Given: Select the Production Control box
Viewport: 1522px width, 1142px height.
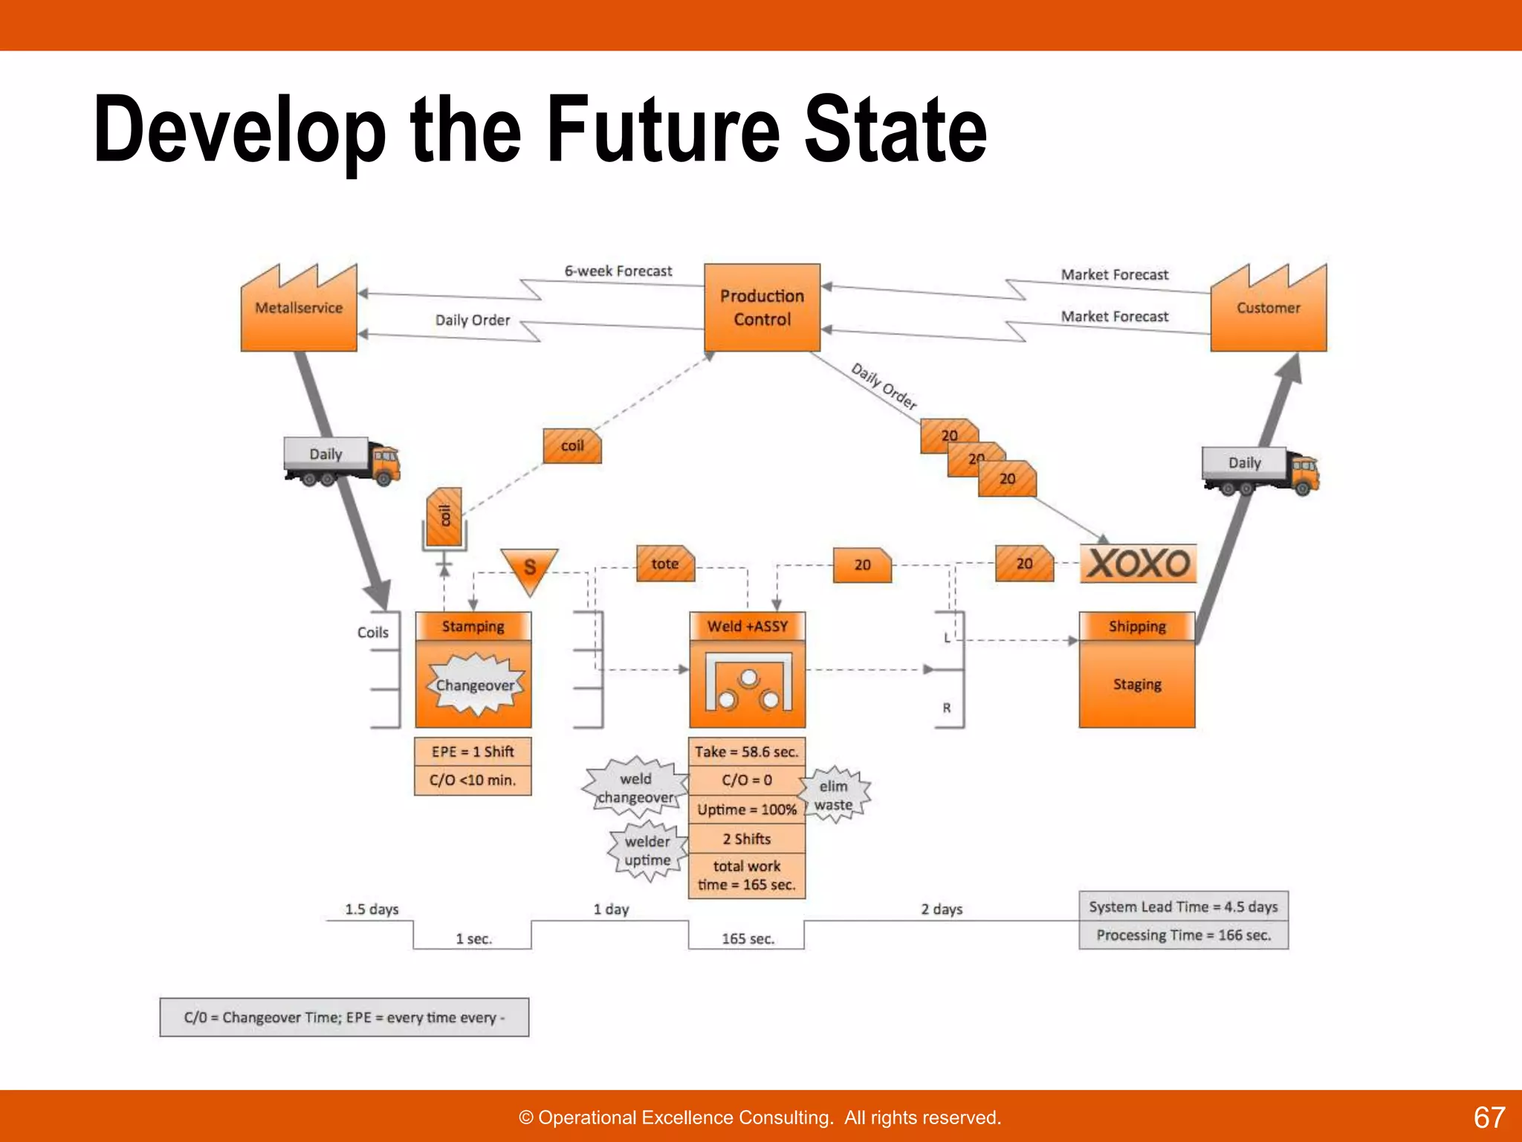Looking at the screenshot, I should (x=762, y=308).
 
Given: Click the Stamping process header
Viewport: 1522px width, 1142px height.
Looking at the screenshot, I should (x=473, y=627).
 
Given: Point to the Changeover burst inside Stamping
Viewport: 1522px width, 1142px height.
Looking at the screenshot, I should (x=474, y=684).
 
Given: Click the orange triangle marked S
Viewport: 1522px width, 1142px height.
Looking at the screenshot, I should (x=529, y=568).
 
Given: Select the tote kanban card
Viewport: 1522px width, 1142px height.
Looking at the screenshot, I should (x=665, y=564).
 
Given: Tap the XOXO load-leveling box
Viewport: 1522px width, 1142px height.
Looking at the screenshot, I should (x=1138, y=564).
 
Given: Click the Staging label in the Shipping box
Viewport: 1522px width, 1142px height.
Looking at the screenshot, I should (x=1137, y=685).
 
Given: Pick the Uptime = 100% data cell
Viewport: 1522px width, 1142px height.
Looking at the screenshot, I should (x=747, y=809).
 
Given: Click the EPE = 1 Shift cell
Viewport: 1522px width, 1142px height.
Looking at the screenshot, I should (x=473, y=752).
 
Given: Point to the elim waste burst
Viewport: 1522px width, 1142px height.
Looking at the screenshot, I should (x=835, y=795).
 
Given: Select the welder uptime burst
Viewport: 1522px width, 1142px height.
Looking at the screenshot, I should (x=647, y=851).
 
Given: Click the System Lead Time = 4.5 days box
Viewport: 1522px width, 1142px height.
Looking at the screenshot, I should (x=1183, y=906).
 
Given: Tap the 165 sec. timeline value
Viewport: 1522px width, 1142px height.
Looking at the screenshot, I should (x=748, y=939).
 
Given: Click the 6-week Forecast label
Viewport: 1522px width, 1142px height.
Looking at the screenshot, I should (x=618, y=271).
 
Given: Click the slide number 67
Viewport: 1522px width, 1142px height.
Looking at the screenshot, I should (x=1489, y=1117).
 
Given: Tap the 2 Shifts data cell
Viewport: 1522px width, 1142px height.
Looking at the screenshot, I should (x=747, y=839).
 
